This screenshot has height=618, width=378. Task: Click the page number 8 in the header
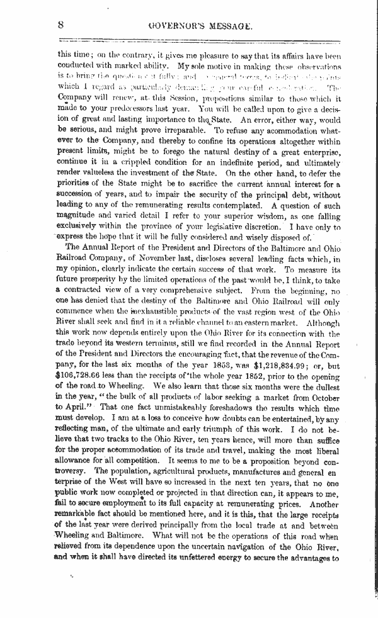point(61,25)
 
